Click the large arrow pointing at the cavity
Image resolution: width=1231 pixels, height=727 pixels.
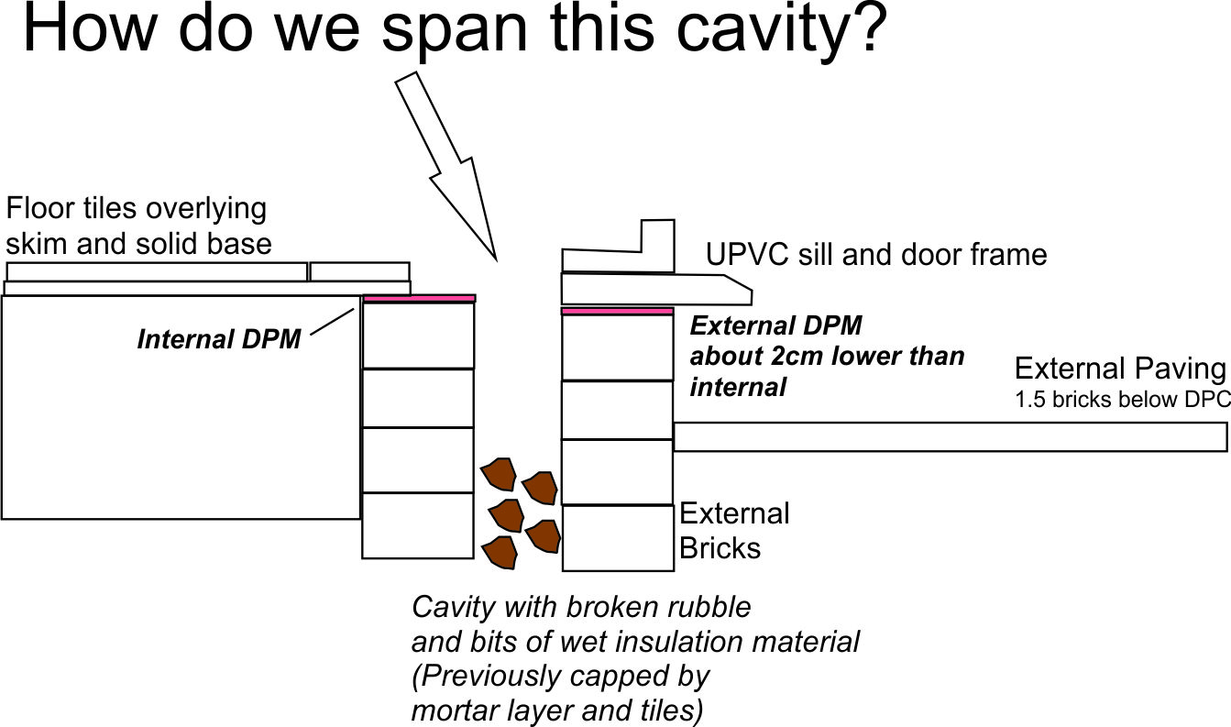click(x=446, y=170)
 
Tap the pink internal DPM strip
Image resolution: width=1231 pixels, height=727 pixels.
click(x=419, y=298)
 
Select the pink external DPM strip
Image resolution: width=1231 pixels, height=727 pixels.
click(x=616, y=312)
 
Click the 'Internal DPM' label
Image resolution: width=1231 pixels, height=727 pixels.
click(x=219, y=340)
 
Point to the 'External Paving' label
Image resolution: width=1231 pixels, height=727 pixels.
click(x=1119, y=369)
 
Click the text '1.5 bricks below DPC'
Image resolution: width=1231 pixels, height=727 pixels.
click(x=1122, y=402)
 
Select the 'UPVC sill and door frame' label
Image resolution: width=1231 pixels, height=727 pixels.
click(x=875, y=254)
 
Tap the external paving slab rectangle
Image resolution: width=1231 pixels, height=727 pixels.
click(x=950, y=437)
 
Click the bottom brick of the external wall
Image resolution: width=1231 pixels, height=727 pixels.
click(x=617, y=537)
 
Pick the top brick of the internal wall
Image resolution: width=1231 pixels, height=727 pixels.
click(x=418, y=335)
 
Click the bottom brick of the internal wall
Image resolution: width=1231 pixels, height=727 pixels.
click(x=417, y=525)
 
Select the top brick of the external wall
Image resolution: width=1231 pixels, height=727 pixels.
click(x=616, y=347)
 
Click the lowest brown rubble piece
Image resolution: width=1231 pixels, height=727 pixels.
click(x=500, y=551)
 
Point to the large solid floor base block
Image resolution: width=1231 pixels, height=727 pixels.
click(x=181, y=407)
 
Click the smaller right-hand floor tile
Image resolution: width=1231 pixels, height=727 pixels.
click(x=359, y=271)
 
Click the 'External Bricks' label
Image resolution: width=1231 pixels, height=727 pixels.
click(x=733, y=531)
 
